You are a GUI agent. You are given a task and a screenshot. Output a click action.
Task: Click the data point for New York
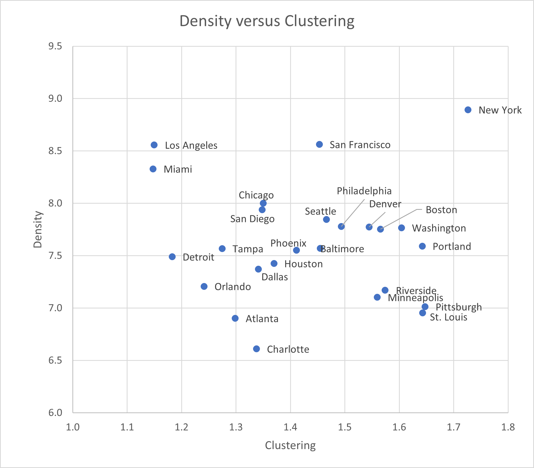pos(468,110)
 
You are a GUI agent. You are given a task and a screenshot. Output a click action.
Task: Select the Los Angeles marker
pos(154,145)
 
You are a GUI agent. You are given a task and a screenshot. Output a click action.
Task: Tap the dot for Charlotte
pos(256,349)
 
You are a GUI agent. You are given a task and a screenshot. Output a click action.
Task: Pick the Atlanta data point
pos(235,318)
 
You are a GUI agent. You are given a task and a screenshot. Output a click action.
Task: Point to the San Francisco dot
pos(319,144)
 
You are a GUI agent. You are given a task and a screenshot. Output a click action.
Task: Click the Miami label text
pos(178,169)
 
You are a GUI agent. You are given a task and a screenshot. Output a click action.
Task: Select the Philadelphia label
pos(364,191)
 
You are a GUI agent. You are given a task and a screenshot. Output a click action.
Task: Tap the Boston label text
pos(441,210)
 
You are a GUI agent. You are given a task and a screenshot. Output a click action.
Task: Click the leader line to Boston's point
pos(400,218)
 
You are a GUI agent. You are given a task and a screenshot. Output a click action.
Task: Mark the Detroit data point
pos(172,257)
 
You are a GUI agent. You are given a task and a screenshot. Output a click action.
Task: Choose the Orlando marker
pos(204,286)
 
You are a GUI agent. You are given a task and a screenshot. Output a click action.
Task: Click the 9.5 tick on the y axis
pos(55,46)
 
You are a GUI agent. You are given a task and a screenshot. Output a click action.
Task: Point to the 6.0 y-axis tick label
pos(55,413)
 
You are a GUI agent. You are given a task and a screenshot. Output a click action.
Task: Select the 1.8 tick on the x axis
pos(508,427)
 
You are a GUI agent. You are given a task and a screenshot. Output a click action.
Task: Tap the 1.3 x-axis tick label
pos(236,427)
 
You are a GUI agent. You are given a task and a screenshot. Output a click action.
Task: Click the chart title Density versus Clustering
pos(267,21)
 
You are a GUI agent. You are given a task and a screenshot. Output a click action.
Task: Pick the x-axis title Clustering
pos(290,445)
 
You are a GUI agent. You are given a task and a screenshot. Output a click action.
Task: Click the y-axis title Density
pos(38,230)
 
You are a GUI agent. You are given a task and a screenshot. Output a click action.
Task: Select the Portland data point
pos(422,246)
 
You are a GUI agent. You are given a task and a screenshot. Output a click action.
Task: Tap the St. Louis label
pos(448,317)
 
